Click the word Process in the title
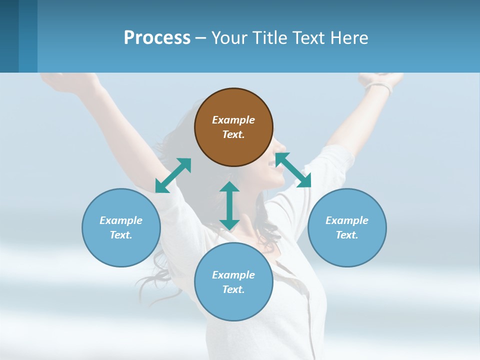[x=157, y=38]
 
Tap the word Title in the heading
[x=268, y=38]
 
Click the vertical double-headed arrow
[x=229, y=205]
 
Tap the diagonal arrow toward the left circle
[x=173, y=175]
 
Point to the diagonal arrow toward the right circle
[x=293, y=170]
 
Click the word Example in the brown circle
[x=233, y=120]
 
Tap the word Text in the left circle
[x=120, y=235]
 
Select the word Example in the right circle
[x=347, y=220]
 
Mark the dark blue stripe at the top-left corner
[x=9, y=36]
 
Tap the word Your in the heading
[x=229, y=38]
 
